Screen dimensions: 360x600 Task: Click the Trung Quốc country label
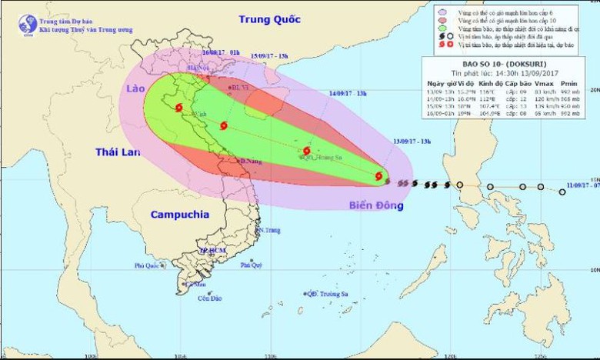click(x=267, y=19)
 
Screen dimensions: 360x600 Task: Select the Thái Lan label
click(x=118, y=152)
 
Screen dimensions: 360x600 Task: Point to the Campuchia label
click(x=179, y=215)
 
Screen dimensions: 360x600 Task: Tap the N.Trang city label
click(x=268, y=230)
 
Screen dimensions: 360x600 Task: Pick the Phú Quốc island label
click(x=146, y=265)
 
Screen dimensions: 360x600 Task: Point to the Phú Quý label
click(x=251, y=265)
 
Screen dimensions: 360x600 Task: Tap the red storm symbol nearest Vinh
click(x=178, y=108)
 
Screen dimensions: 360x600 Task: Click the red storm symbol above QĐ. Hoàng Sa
click(x=307, y=151)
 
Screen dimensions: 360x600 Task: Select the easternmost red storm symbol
click(x=379, y=176)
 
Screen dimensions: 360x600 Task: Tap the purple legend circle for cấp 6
click(x=441, y=12)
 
